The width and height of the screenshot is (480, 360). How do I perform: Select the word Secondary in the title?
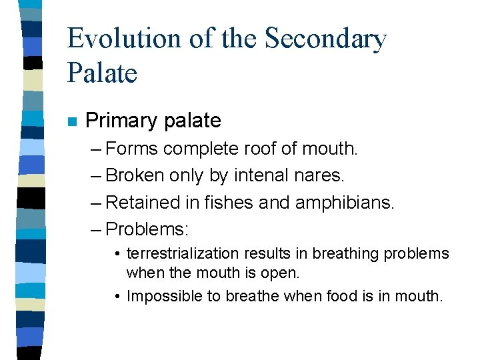coord(326,39)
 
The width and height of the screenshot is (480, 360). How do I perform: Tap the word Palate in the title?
coord(102,72)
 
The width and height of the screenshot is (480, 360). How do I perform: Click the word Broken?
coord(137,175)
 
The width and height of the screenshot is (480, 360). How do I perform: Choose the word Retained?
coord(143,202)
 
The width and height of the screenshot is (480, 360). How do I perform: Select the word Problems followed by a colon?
coord(147,229)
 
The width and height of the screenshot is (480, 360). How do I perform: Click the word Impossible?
coord(159,296)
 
